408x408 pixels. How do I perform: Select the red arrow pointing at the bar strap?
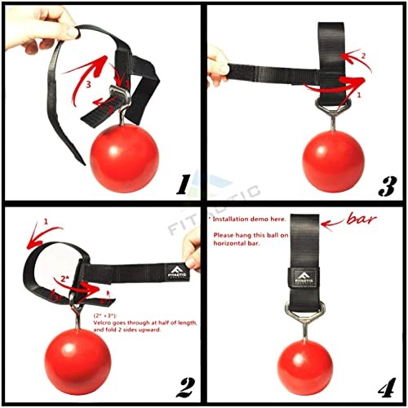coord(339,220)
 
